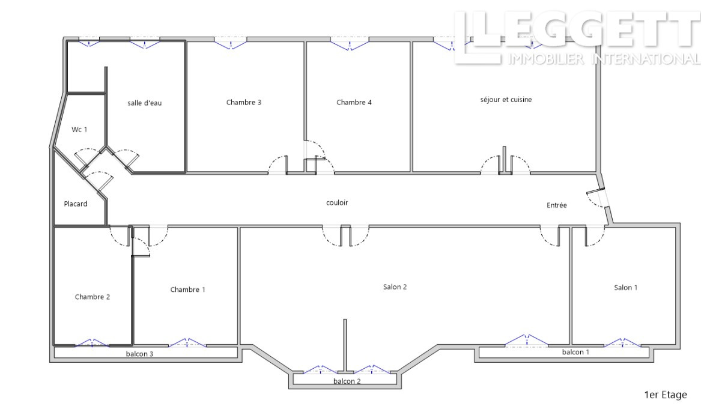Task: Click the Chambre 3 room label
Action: (x=244, y=102)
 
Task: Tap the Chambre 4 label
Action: (x=354, y=102)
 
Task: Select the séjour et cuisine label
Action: (x=506, y=100)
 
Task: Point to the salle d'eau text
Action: (x=144, y=103)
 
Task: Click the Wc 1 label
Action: (x=79, y=130)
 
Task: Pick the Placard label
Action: (x=76, y=204)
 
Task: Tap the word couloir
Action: (x=337, y=203)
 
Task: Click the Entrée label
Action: (x=556, y=205)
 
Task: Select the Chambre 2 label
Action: (x=93, y=297)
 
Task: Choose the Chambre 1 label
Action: (x=187, y=289)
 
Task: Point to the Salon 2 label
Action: (x=395, y=287)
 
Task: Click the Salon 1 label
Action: (x=626, y=288)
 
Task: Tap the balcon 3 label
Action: (x=139, y=354)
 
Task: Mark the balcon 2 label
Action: (x=347, y=381)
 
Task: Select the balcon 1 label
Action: (x=575, y=352)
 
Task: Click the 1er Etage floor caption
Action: (x=666, y=395)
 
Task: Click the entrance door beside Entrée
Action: (x=597, y=198)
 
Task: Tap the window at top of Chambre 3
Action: (x=231, y=44)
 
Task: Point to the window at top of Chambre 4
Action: (x=350, y=44)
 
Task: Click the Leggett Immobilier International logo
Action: (x=577, y=38)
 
